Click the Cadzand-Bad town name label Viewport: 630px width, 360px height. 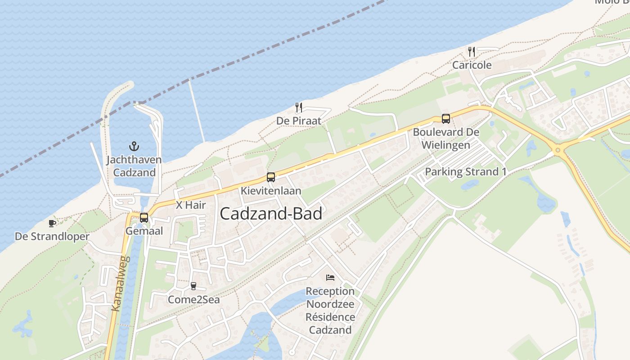pos(271,214)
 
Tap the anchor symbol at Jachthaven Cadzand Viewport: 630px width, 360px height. pos(134,146)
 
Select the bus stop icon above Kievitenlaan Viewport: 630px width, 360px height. pos(270,177)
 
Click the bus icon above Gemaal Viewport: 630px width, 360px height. pos(144,218)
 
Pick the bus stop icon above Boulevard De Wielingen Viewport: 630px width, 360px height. pos(445,119)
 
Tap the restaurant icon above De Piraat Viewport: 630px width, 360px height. pos(298,108)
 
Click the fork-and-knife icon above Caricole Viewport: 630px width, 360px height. pos(471,51)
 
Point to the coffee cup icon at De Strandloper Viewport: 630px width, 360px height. pos(52,223)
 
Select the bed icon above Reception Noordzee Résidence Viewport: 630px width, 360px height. pos(330,278)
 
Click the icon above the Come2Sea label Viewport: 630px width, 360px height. pos(193,286)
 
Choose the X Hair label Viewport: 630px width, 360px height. pos(190,205)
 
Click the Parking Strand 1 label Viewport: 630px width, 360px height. pos(462,171)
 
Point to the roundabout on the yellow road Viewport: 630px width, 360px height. pos(558,150)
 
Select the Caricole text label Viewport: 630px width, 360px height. pos(472,65)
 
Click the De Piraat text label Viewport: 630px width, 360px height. pos(299,121)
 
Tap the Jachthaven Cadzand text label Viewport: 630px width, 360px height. pos(134,166)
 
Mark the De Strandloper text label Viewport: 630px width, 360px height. pos(52,236)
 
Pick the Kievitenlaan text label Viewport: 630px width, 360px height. pos(271,191)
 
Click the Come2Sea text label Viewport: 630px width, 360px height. pos(193,299)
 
